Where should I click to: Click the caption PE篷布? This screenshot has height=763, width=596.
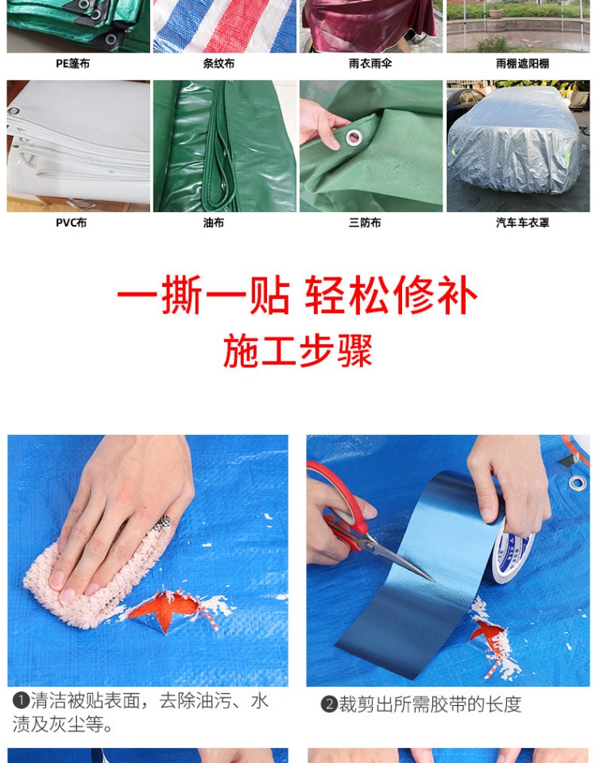click(x=72, y=64)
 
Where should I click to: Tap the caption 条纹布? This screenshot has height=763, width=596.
click(x=219, y=64)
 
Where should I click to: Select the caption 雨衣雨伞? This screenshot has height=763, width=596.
click(x=370, y=64)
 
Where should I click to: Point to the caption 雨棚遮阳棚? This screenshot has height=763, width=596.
click(x=522, y=64)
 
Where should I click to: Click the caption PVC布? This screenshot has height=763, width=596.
click(x=71, y=223)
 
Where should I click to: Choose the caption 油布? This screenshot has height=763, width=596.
click(x=214, y=223)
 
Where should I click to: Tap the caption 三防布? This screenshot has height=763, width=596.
click(x=365, y=223)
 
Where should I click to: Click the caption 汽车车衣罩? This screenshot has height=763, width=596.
click(x=522, y=223)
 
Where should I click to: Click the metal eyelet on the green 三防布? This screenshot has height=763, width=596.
click(x=354, y=137)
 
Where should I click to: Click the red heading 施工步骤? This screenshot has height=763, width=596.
click(x=298, y=351)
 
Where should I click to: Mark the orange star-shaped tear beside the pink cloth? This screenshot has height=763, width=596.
click(x=165, y=610)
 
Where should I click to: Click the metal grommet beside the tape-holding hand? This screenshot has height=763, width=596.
click(x=578, y=483)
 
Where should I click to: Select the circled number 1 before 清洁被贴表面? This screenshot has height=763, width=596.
click(x=21, y=701)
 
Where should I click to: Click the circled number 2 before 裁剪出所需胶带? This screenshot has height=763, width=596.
click(x=329, y=704)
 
